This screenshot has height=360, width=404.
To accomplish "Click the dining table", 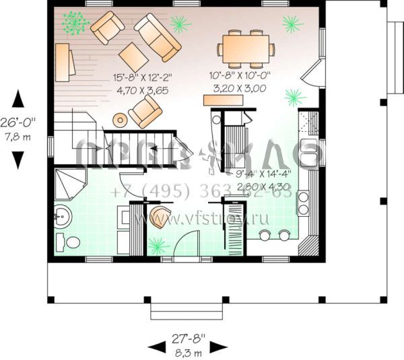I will pyautogui.click(x=246, y=48).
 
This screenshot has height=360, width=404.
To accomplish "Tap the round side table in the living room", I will pyautogui.click(x=120, y=120).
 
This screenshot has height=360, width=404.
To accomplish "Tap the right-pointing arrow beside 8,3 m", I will pyautogui.click(x=219, y=347).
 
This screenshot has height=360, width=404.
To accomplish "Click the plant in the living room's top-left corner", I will pyautogui.click(x=73, y=24).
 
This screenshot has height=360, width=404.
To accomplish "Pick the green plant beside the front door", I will pyautogui.click(x=158, y=244).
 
